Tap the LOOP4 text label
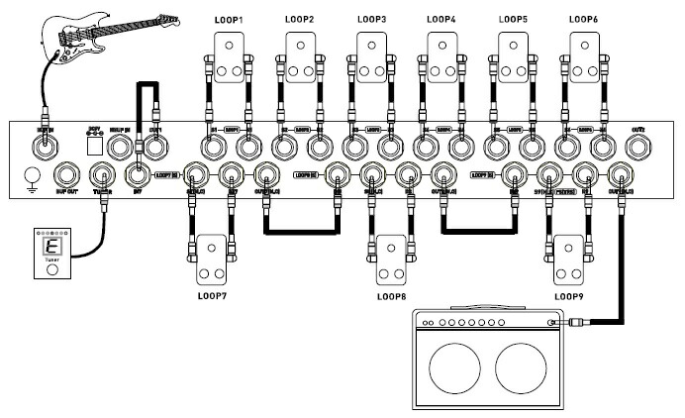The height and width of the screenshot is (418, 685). tap(440, 19)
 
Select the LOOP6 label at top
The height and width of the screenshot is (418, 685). tap(583, 19)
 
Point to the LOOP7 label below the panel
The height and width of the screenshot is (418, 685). tap(211, 296)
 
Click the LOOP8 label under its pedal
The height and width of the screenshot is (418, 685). tap(393, 296)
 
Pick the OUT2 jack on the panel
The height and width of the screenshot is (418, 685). tap(637, 148)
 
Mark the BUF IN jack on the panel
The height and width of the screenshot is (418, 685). tap(45, 148)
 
